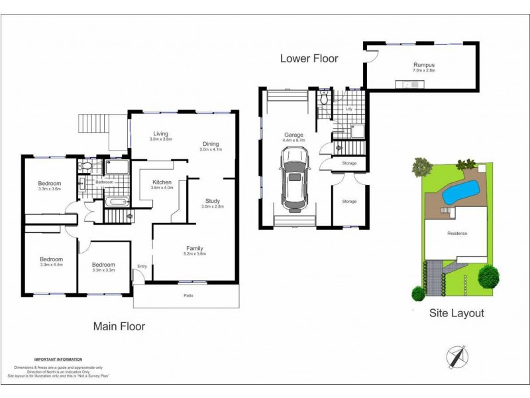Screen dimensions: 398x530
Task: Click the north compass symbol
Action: [x=457, y=356]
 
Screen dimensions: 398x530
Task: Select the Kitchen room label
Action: [x=162, y=182]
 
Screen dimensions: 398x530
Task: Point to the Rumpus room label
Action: [x=422, y=64]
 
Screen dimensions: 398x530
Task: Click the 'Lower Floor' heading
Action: [x=309, y=58]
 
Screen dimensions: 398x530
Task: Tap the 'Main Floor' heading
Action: [x=119, y=326]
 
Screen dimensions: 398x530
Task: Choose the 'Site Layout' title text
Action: [x=456, y=313]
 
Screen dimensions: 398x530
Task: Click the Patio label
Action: [x=189, y=296]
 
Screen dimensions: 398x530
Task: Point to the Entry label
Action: [x=141, y=266]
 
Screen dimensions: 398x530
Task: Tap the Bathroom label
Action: [x=104, y=182]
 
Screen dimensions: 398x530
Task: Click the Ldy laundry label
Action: [x=349, y=109]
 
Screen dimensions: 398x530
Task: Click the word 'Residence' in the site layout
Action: [x=457, y=233]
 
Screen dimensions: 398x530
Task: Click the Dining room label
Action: [x=211, y=144]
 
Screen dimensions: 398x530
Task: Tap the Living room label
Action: [x=160, y=133]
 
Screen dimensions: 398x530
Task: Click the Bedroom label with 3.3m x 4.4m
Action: [x=51, y=259]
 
